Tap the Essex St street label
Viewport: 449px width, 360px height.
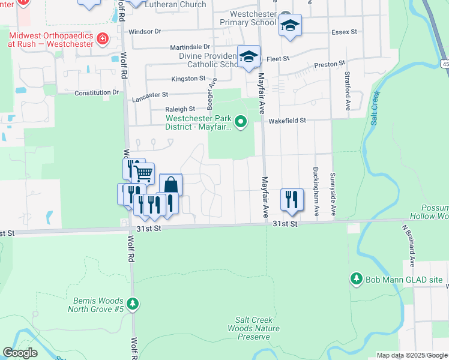pyautogui.click(x=345, y=31)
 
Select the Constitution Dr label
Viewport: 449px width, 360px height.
pyautogui.click(x=97, y=93)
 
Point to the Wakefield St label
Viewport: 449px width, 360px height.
pyautogui.click(x=287, y=121)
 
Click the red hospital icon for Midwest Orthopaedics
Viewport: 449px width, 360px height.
pyautogui.click(x=103, y=40)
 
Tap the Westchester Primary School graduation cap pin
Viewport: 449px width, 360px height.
pyautogui.click(x=290, y=26)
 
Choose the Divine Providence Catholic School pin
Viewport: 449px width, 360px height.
pyautogui.click(x=249, y=57)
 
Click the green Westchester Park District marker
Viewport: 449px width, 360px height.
pyautogui.click(x=241, y=122)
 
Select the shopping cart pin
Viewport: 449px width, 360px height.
pyautogui.click(x=143, y=174)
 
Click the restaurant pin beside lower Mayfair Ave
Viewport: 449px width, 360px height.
pyautogui.click(x=292, y=199)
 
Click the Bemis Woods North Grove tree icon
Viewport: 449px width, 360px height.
pyautogui.click(x=133, y=304)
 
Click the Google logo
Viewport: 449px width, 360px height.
pyautogui.click(x=20, y=352)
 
